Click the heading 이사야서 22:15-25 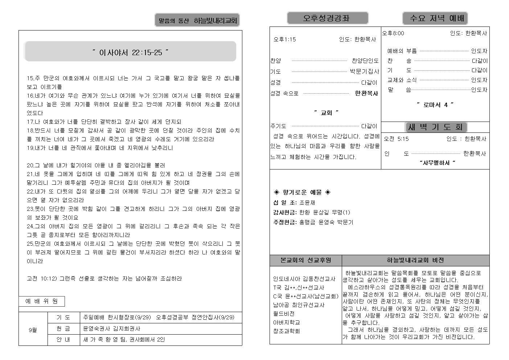coord(130,52)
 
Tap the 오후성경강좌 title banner coord(327,18)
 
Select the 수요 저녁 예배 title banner coord(435,18)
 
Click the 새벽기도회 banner coord(435,127)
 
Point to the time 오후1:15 coord(285,40)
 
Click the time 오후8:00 coord(393,33)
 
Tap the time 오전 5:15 coord(396,139)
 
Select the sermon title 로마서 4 coord(435,105)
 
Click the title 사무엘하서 coord(437,163)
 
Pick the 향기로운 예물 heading coord(302,192)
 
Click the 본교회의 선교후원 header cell coord(305,260)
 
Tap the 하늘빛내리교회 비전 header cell coord(415,260)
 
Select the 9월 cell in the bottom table coord(33,330)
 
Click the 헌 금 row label coord(63,329)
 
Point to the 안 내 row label coord(63,340)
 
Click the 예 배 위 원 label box coord(41,301)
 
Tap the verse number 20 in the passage coord(30,165)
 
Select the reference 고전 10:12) coord(42,279)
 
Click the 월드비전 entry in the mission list coord(284,314)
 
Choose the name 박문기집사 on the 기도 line coord(364,71)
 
